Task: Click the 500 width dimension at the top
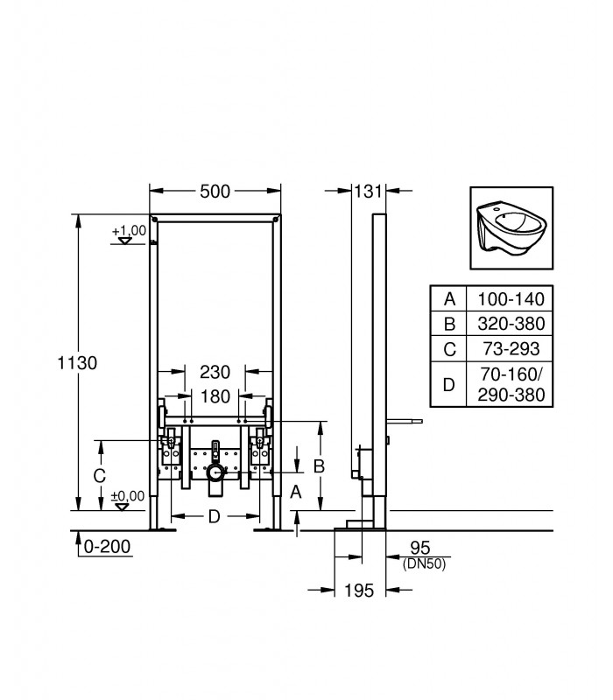pos(215,192)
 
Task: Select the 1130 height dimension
pos(77,363)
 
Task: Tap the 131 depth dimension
pos(368,192)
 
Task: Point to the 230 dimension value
pos(215,372)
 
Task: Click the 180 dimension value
pos(215,396)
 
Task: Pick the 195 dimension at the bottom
pos(359,591)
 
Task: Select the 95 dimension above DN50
pos(420,548)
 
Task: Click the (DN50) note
pos(424,564)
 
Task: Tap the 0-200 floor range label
pos(107,546)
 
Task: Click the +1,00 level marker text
pos(129,231)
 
